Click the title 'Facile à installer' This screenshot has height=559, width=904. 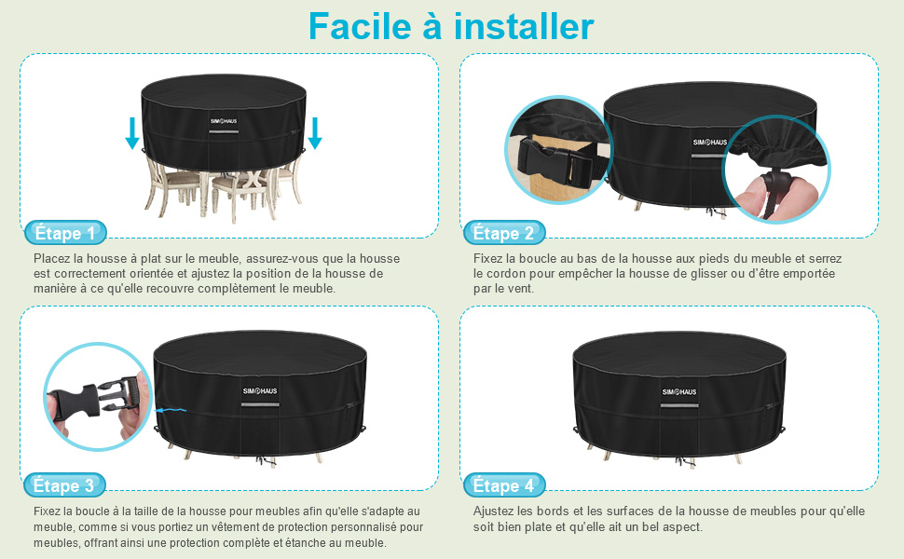[451, 26]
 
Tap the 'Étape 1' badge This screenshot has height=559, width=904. [64, 233]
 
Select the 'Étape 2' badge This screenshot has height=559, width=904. [503, 233]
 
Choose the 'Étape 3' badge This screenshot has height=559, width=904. [63, 485]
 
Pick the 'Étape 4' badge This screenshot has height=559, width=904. [503, 485]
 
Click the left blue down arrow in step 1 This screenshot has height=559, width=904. [132, 133]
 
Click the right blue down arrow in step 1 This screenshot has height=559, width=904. [315, 133]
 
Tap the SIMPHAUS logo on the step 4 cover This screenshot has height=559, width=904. [679, 391]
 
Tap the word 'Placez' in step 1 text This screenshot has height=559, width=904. [51, 258]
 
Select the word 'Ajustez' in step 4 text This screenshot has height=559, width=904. [496, 511]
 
